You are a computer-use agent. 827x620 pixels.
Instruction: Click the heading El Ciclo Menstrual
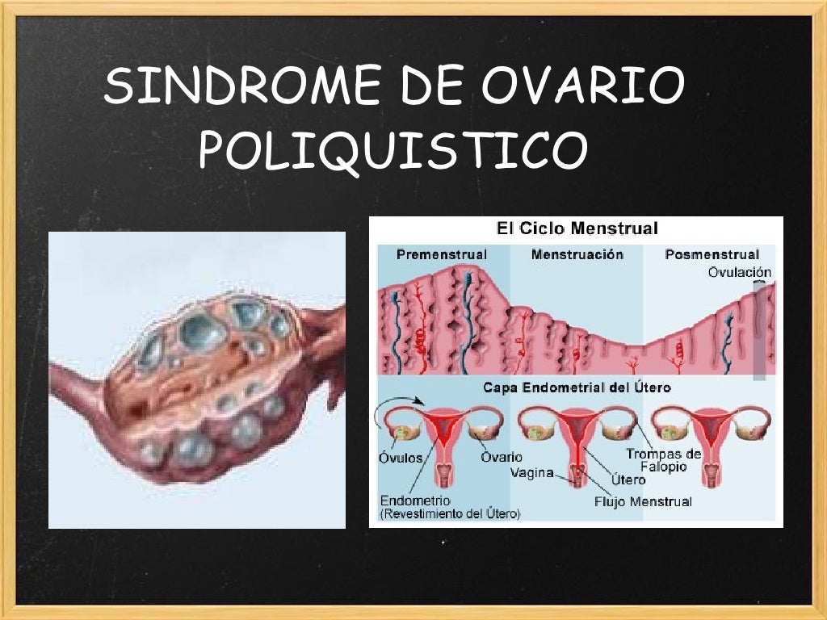click(577, 228)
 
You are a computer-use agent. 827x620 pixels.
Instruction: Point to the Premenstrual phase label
click(442, 255)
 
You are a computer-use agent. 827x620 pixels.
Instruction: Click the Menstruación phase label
click(577, 255)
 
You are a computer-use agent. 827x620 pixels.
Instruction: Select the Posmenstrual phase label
click(712, 255)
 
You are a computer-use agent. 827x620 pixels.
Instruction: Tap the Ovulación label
click(740, 273)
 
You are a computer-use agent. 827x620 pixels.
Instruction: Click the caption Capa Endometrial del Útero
click(577, 388)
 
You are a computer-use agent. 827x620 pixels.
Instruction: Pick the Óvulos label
click(400, 457)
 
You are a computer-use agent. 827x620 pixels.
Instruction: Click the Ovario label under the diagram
click(502, 457)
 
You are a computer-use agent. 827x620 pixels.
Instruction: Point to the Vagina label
click(531, 473)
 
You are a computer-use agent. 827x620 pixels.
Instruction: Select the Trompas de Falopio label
click(663, 460)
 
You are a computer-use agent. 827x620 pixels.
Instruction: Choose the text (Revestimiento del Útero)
click(450, 513)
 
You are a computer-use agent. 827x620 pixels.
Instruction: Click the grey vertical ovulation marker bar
click(759, 331)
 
